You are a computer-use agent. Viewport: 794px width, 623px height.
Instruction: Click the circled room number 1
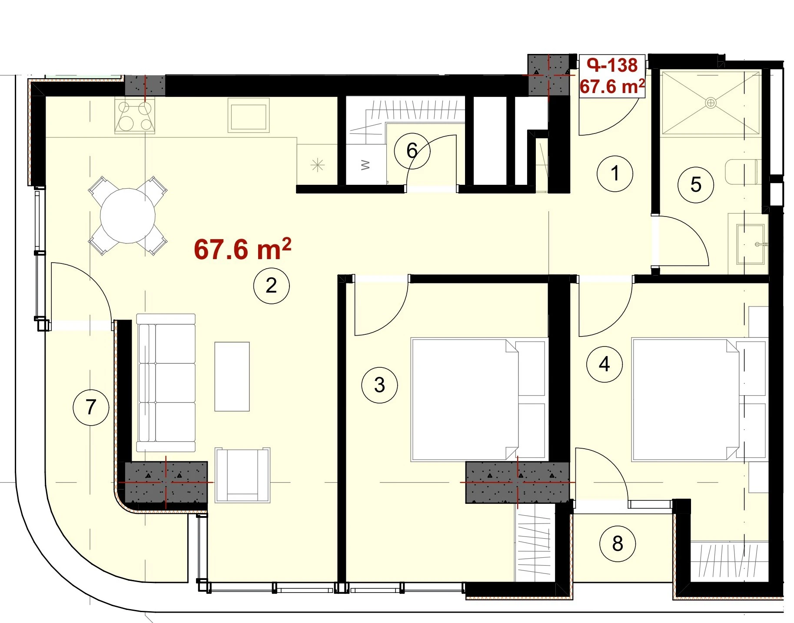pyautogui.click(x=615, y=173)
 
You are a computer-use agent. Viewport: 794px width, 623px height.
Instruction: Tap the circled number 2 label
pyautogui.click(x=271, y=285)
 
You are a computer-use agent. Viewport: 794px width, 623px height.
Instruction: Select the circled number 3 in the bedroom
pyautogui.click(x=379, y=385)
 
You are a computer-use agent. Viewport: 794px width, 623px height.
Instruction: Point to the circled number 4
pyautogui.click(x=604, y=364)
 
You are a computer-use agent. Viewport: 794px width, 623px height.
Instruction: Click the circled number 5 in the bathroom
pyautogui.click(x=696, y=185)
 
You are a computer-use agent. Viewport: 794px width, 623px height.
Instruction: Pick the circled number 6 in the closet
pyautogui.click(x=412, y=151)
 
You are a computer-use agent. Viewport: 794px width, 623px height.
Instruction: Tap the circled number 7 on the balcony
pyautogui.click(x=91, y=407)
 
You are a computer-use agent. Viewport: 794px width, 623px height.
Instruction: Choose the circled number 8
pyautogui.click(x=617, y=543)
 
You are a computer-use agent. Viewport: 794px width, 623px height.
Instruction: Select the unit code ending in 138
pyautogui.click(x=612, y=65)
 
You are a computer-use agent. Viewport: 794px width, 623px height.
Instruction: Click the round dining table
pyautogui.click(x=128, y=216)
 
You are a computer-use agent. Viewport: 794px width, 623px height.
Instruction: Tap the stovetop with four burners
pyautogui.click(x=135, y=116)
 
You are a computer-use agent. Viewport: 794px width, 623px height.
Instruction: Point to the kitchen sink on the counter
pyautogui.click(x=248, y=115)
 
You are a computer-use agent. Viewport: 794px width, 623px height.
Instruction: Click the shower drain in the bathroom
pyautogui.click(x=711, y=103)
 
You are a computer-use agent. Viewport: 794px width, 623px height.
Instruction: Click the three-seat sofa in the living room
pyautogui.click(x=166, y=383)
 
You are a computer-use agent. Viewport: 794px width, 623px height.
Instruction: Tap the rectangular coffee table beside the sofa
pyautogui.click(x=232, y=376)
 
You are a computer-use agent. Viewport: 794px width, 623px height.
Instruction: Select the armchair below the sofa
pyautogui.click(x=243, y=475)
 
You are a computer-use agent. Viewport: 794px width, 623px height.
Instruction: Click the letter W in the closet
pyautogui.click(x=365, y=165)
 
